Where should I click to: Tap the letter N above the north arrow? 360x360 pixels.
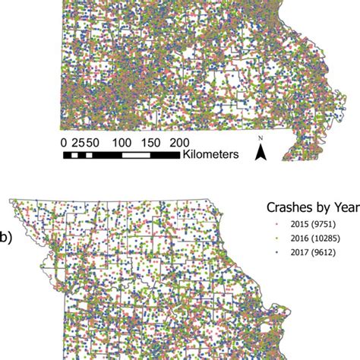(261, 138)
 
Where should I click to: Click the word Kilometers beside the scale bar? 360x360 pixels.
(210, 154)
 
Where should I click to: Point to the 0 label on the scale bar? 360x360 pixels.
(64, 142)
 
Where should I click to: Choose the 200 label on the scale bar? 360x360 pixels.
(179, 142)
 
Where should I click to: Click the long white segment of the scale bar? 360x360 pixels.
(137, 155)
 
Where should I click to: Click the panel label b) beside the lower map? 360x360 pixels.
(5, 238)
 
